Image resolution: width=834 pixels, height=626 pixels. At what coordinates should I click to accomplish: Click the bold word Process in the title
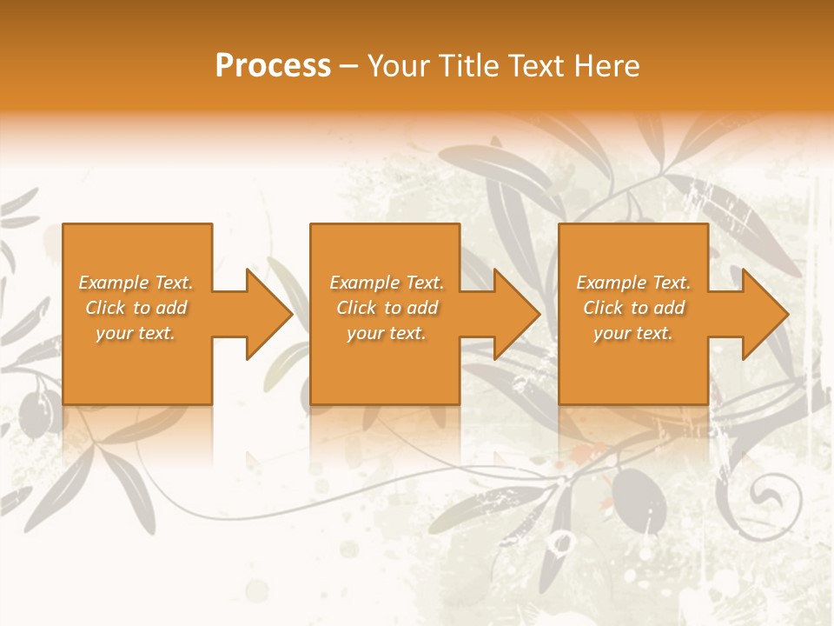[273, 65]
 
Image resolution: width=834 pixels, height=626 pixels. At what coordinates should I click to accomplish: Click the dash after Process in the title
[349, 67]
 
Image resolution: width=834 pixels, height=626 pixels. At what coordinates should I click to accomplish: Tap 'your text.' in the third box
[633, 333]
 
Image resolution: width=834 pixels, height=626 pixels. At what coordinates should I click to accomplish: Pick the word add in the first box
[171, 308]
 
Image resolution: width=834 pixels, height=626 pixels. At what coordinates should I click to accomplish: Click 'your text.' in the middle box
[386, 333]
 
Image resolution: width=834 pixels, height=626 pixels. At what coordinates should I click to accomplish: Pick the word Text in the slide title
[538, 65]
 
